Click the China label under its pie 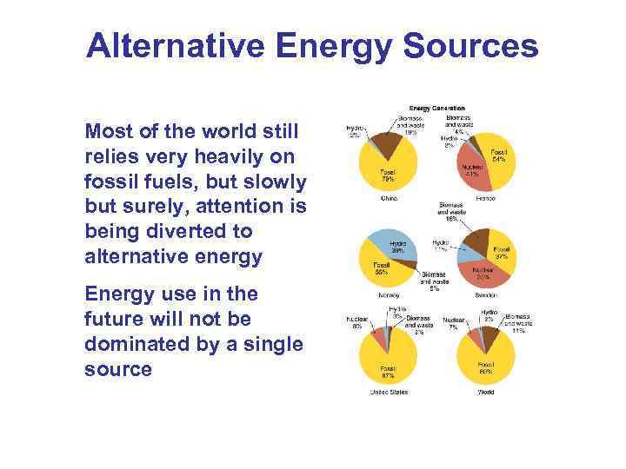pyautogui.click(x=388, y=198)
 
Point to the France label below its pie pyautogui.click(x=485, y=198)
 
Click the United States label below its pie pyautogui.click(x=388, y=393)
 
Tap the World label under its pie pyautogui.click(x=485, y=393)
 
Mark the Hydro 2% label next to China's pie pyautogui.click(x=355, y=131)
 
